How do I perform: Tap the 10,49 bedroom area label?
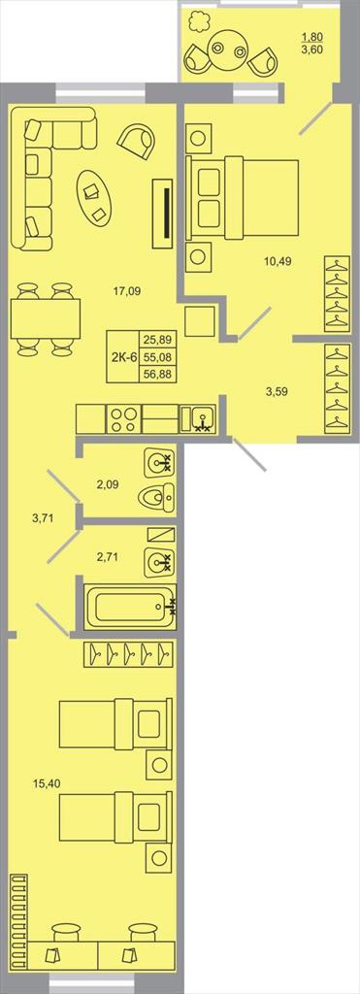[278, 260]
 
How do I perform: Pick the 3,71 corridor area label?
[43, 517]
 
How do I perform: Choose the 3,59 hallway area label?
[276, 391]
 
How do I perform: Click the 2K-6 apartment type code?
[123, 356]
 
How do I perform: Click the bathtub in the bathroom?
[131, 607]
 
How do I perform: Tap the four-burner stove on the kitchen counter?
[123, 419]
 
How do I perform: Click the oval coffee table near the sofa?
[94, 196]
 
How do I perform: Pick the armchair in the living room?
[137, 140]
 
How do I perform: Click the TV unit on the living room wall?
[164, 213]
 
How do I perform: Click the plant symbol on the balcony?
[199, 21]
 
